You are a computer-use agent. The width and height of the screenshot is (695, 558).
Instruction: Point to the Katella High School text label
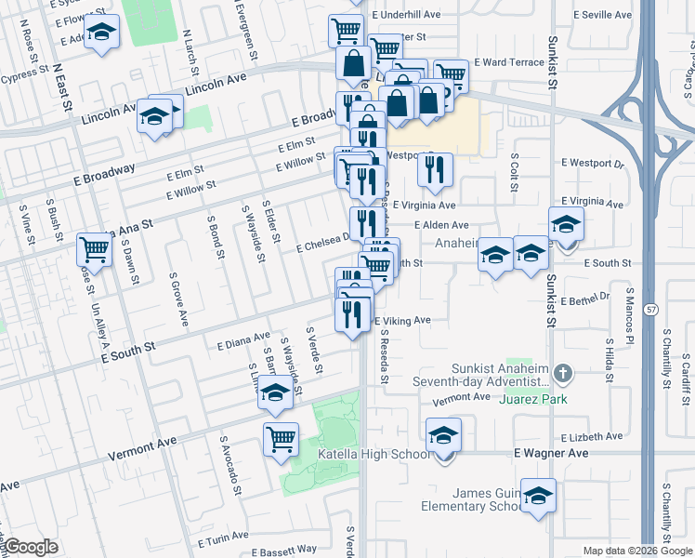[x=374, y=454]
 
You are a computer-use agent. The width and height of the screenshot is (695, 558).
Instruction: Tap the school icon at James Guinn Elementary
[x=538, y=497]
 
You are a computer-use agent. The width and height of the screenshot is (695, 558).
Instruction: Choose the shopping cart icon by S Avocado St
[x=281, y=439]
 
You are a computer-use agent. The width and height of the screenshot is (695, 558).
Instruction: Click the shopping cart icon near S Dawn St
[x=94, y=249]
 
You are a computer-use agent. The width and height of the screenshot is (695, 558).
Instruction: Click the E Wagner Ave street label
[x=552, y=453]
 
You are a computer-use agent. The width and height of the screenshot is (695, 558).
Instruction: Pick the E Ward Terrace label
[x=508, y=62]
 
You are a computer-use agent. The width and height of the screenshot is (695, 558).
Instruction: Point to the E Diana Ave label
[x=243, y=342]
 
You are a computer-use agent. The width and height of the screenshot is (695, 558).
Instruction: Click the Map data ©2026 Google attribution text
[x=636, y=551]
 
